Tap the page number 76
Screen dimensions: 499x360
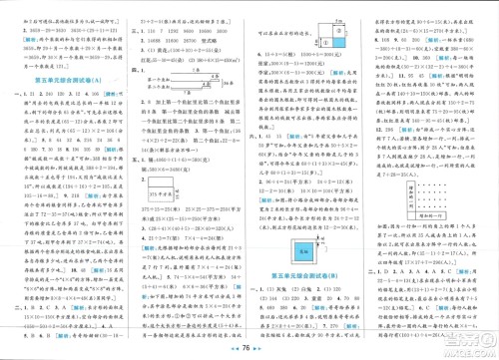click(249, 350)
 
